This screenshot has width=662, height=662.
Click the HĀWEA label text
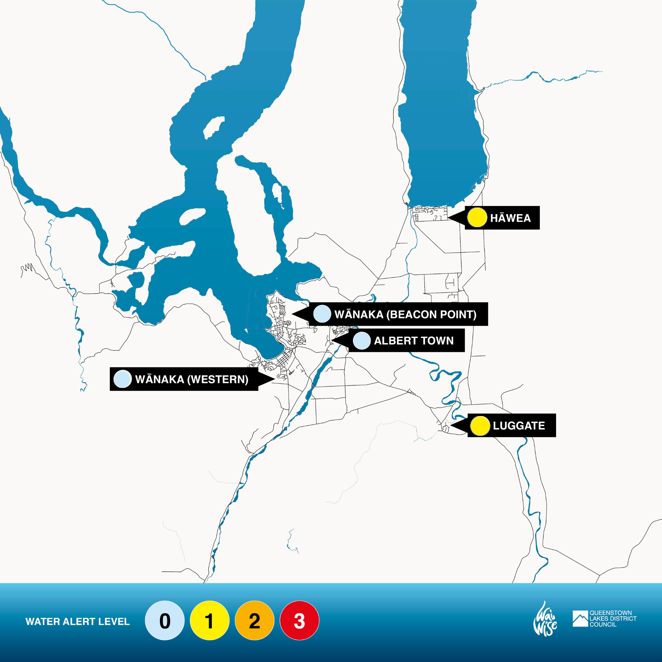(510, 218)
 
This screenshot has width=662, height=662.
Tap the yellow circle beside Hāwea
(477, 217)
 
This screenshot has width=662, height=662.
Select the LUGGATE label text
(519, 426)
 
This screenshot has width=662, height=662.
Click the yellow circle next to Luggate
(480, 426)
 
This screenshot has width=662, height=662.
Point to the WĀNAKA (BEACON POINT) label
(405, 314)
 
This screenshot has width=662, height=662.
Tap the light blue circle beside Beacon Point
(322, 314)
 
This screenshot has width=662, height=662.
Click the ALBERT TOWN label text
(413, 341)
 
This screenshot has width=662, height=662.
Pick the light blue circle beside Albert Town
(361, 341)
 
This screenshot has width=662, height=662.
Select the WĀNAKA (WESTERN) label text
(192, 379)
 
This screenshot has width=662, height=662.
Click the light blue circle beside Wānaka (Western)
(122, 379)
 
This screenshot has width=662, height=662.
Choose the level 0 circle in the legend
(165, 621)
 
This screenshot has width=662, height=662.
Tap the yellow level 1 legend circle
(210, 621)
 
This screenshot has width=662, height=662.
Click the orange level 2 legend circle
(254, 621)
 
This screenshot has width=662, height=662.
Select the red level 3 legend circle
(300, 621)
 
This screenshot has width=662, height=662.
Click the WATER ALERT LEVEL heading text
(77, 622)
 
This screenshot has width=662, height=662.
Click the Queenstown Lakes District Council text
(613, 619)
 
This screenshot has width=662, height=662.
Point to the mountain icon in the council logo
(580, 619)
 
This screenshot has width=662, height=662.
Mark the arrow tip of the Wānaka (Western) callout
(274, 379)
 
